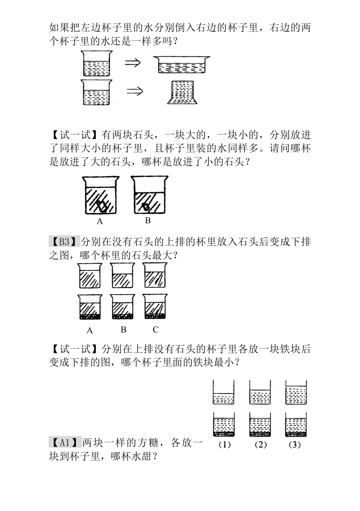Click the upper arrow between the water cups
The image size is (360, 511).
click(x=133, y=63)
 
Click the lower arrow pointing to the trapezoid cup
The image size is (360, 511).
click(x=134, y=91)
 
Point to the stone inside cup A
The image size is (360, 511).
click(x=101, y=207)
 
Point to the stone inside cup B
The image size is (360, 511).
click(x=146, y=207)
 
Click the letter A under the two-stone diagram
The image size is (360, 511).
click(x=100, y=221)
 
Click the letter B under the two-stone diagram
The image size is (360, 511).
click(x=148, y=220)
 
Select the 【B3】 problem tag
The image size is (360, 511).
click(x=64, y=241)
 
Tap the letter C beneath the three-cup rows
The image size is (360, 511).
click(x=155, y=329)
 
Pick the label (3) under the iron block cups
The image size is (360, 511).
click(x=295, y=445)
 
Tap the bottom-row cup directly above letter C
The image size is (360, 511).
click(x=155, y=307)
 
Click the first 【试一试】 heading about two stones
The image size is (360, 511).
click(x=74, y=135)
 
